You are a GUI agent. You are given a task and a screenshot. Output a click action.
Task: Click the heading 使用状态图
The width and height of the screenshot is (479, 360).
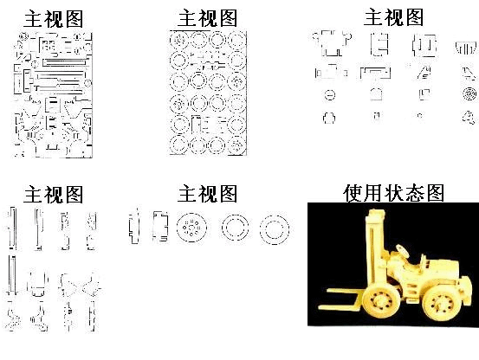tap(393, 193)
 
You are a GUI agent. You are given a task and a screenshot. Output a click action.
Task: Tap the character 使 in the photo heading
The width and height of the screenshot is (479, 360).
tap(353, 193)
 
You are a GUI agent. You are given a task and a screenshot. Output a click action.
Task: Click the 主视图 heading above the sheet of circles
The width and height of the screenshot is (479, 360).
tap(207, 18)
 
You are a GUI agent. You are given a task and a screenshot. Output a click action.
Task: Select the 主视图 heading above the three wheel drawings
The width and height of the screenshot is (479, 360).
tap(207, 194)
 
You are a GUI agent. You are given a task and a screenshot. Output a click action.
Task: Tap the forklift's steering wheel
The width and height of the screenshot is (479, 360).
tap(404, 251)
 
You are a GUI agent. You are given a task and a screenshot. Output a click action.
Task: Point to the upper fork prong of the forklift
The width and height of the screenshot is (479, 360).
tap(346, 292)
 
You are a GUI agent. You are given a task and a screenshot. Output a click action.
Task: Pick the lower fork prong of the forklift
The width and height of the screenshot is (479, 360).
tap(340, 307)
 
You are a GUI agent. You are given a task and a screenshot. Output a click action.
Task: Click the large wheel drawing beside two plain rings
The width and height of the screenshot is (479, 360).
tap(191, 228)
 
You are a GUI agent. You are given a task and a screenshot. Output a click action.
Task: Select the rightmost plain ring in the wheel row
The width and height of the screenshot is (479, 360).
tap(275, 229)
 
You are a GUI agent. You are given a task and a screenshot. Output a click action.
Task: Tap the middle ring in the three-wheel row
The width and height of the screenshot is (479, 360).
tap(235, 228)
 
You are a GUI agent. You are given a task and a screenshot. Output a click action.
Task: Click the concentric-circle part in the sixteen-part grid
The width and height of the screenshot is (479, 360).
tap(469, 94)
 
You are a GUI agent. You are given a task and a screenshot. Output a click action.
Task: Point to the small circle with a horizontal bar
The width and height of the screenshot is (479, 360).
tap(330, 95)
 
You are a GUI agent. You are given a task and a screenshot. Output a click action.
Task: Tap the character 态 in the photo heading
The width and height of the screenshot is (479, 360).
tap(414, 193)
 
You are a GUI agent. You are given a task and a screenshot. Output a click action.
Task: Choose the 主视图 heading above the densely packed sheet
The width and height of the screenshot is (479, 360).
tap(54, 19)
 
